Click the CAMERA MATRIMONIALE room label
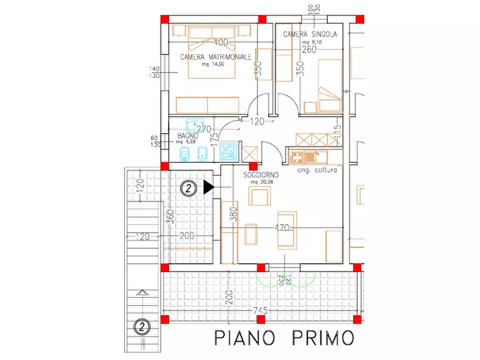[216, 57]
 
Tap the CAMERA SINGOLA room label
[310, 34]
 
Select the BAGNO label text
[188, 136]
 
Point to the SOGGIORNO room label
[261, 176]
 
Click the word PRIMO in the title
[324, 338]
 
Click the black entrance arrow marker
[209, 187]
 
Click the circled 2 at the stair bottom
[141, 326]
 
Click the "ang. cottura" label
[317, 170]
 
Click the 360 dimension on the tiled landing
[170, 217]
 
